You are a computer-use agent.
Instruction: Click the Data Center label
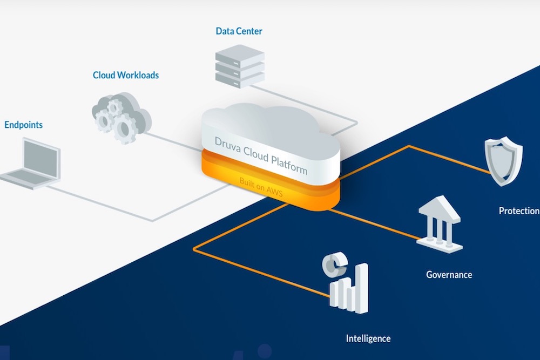[239, 31]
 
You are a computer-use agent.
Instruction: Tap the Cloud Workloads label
[126, 76]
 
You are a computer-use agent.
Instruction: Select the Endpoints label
[23, 125]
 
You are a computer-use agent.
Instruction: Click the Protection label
[519, 211]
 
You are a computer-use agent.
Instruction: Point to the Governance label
[449, 275]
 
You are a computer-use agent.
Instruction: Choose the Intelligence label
[368, 339]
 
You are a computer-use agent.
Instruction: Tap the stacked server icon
[239, 66]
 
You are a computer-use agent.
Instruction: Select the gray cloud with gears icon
[120, 116]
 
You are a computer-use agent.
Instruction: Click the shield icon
[503, 160]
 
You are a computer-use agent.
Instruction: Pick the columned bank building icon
[440, 224]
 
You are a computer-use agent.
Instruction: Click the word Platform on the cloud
[292, 165]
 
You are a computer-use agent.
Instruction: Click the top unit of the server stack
[239, 54]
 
